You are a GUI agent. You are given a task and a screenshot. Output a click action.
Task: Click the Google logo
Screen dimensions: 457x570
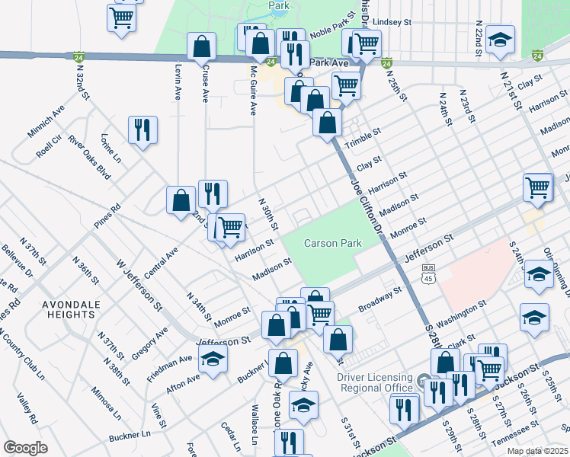point(25,448)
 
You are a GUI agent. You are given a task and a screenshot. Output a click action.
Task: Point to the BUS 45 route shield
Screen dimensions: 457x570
point(428,273)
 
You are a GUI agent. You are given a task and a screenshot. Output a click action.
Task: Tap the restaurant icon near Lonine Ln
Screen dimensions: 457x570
point(142,131)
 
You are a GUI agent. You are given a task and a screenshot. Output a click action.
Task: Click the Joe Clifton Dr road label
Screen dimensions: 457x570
point(364,203)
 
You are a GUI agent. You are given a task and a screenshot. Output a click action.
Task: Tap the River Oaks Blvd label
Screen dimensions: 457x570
point(89,158)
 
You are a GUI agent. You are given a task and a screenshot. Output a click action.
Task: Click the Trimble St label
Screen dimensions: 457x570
point(362,142)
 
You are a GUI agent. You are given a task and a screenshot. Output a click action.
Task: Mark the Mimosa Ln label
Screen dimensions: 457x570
point(106,404)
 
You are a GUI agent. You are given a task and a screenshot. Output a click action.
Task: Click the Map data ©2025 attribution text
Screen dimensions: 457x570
point(537,451)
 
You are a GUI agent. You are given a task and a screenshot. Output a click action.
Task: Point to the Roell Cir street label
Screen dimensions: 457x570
point(47,145)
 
